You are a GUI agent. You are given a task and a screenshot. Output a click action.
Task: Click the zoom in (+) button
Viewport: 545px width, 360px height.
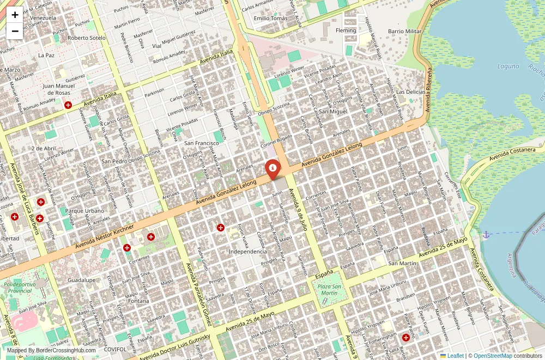(x=15, y=15)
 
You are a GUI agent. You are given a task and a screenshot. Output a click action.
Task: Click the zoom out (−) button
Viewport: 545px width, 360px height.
(x=15, y=31)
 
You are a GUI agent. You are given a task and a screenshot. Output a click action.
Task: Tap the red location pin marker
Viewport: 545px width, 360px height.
(x=272, y=168)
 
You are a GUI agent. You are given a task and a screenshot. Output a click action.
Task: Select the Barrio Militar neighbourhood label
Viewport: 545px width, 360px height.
(x=404, y=31)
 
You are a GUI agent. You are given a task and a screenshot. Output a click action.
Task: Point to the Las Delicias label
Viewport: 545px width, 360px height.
(x=410, y=91)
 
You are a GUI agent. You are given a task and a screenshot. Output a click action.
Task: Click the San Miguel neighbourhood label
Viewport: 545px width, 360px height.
(x=333, y=111)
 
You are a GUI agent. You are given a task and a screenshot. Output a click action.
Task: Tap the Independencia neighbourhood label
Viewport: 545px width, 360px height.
(x=248, y=252)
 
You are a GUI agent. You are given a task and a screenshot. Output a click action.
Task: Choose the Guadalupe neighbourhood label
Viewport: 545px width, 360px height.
(x=82, y=280)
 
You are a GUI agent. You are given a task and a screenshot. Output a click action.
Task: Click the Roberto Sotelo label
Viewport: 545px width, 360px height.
(x=87, y=38)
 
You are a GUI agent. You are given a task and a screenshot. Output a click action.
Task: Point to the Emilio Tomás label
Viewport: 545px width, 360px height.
(x=271, y=18)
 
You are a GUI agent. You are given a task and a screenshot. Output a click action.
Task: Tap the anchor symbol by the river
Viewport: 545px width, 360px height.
(x=485, y=235)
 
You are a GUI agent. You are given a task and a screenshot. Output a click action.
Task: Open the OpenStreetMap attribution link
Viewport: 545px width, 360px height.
(x=493, y=356)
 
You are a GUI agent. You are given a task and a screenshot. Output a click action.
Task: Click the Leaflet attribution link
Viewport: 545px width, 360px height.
(x=451, y=356)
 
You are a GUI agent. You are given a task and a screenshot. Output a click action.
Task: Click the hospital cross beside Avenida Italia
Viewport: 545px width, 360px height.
(x=68, y=105)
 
